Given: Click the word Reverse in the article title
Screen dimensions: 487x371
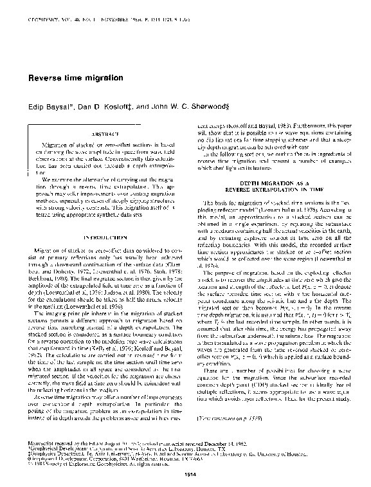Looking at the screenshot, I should coord(42,77).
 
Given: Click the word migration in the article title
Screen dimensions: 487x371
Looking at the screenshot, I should coord(104,77).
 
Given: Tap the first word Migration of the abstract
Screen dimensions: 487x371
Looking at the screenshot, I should coord(53,146).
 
